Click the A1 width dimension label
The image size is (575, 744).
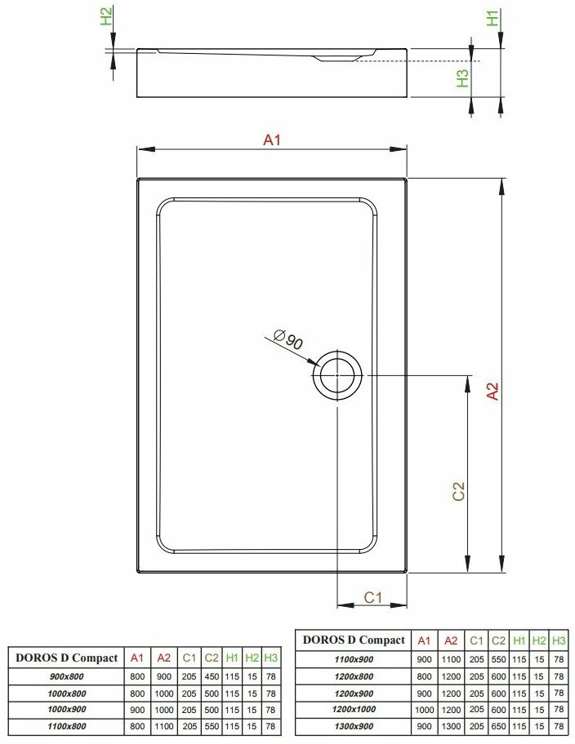pyautogui.click(x=272, y=140)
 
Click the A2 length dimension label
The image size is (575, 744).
pyautogui.click(x=493, y=392)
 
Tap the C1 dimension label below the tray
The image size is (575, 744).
pyautogui.click(x=372, y=597)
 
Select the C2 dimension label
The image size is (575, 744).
pyautogui.click(x=458, y=492)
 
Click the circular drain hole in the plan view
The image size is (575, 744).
pyautogui.click(x=337, y=374)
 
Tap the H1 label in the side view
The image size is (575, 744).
pyautogui.click(x=493, y=18)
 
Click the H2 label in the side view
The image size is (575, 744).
pyautogui.click(x=106, y=15)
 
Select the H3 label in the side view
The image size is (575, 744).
pyautogui.click(x=462, y=78)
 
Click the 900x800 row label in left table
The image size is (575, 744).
pyautogui.click(x=66, y=676)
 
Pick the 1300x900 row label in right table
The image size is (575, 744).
pyautogui.click(x=354, y=726)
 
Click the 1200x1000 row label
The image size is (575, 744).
pyautogui.click(x=354, y=710)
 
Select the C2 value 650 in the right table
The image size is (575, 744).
pyautogui.click(x=498, y=726)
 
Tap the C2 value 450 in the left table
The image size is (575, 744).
pyautogui.click(x=212, y=676)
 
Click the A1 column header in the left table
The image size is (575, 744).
pyautogui.click(x=137, y=658)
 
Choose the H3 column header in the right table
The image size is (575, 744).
pyautogui.click(x=559, y=640)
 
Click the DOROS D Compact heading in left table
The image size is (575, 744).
pyautogui.click(x=66, y=658)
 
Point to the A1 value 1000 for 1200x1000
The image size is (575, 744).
pyautogui.click(x=425, y=710)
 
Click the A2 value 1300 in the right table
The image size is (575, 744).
pyautogui.click(x=451, y=726)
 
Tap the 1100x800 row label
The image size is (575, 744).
pyautogui.click(x=66, y=726)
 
